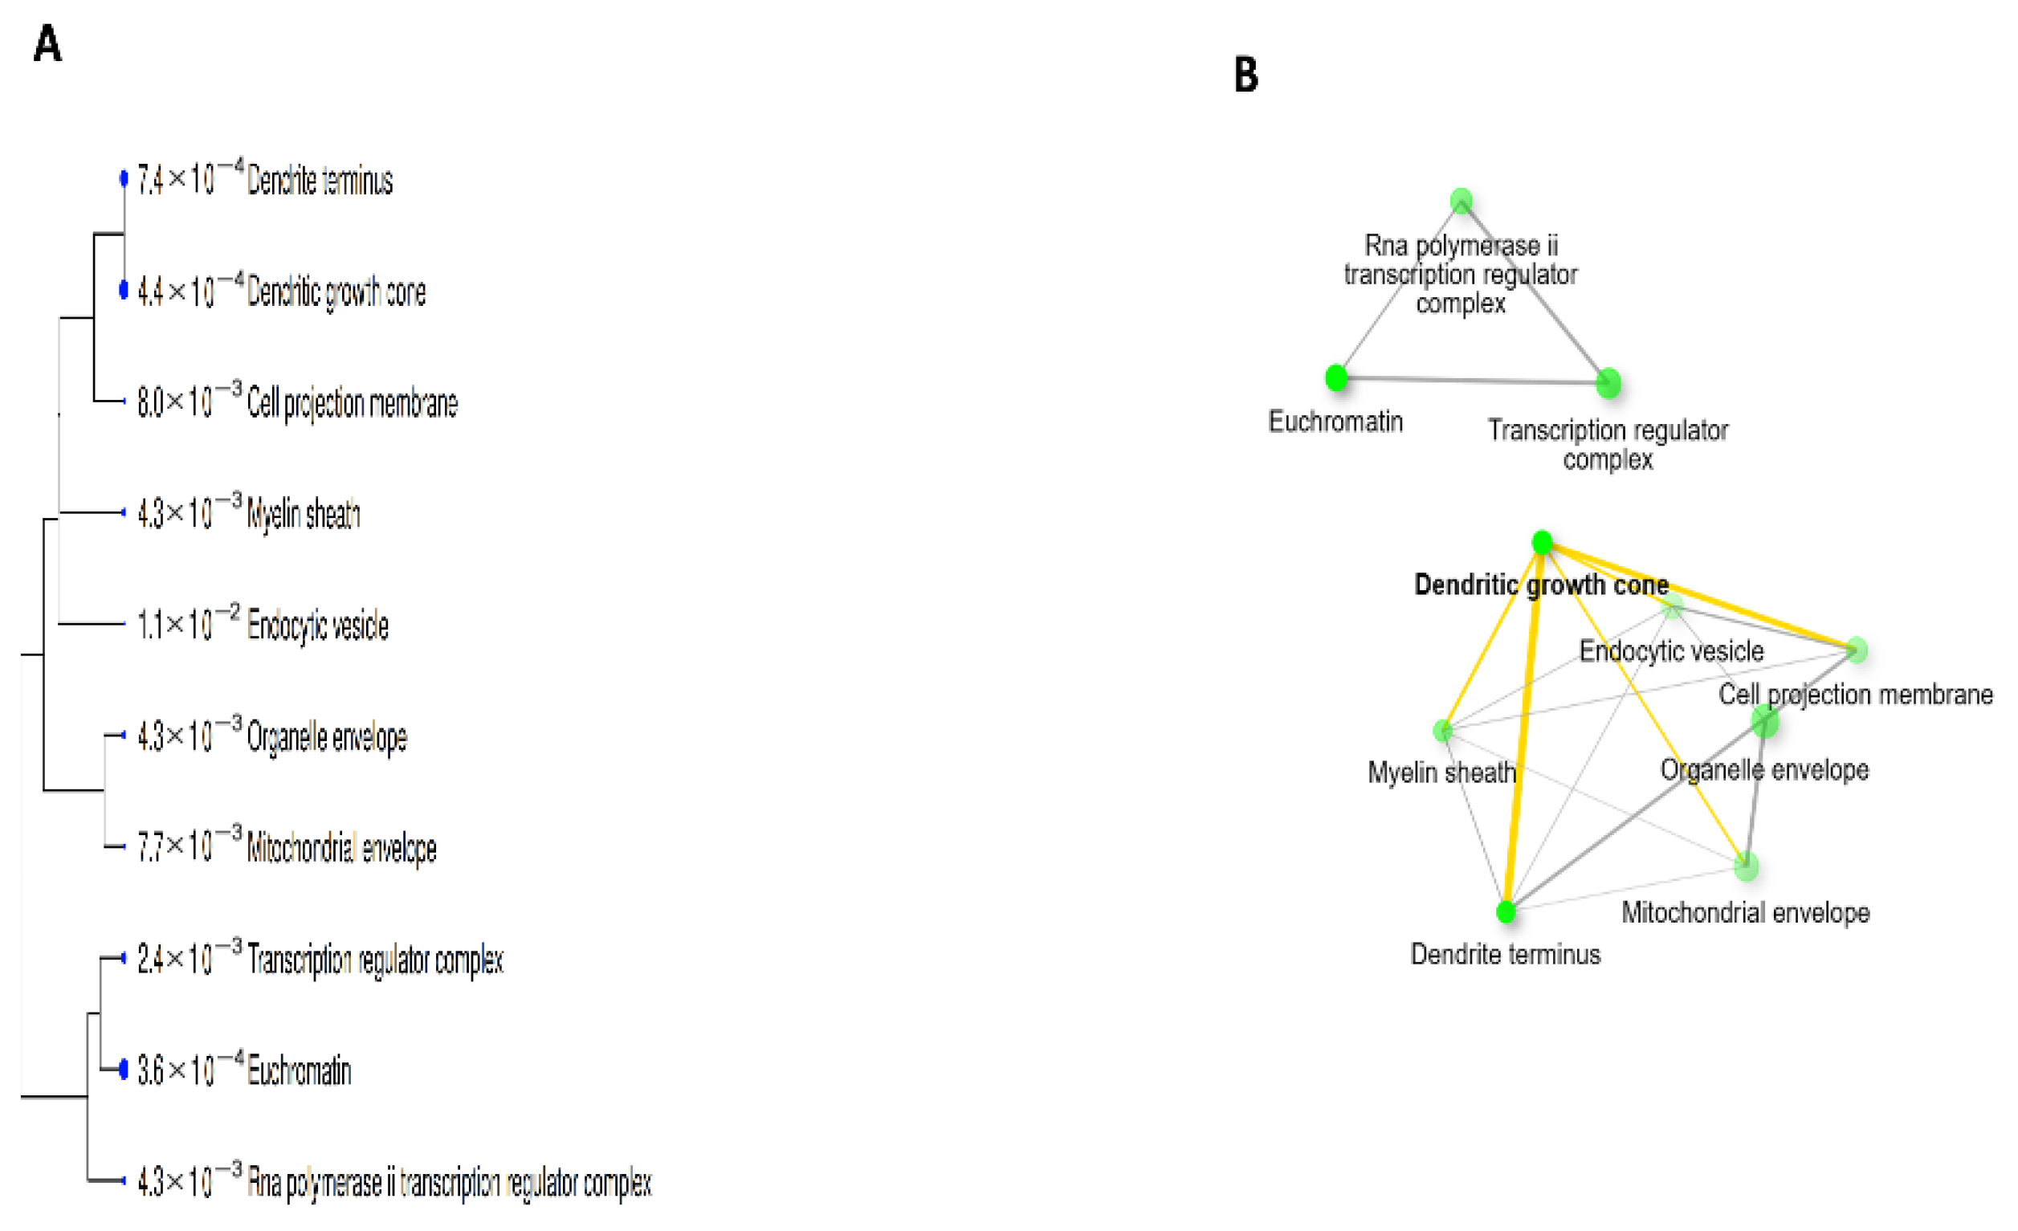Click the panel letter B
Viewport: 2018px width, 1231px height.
[x=1245, y=75]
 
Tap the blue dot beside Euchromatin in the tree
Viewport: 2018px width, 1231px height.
[x=124, y=1069]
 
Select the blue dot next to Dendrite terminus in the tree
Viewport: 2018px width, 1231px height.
[x=124, y=177]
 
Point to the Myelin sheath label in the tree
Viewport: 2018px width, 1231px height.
[x=303, y=515]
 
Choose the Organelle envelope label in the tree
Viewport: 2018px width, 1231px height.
[x=327, y=737]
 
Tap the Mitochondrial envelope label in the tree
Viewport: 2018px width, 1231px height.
[x=341, y=849]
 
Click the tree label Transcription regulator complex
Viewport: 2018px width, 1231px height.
[x=375, y=960]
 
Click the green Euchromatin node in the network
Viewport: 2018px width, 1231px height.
[x=1335, y=377]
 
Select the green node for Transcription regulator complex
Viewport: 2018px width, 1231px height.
[x=1608, y=382]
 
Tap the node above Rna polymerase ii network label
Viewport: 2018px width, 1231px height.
[x=1461, y=201]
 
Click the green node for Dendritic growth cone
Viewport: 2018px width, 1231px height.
[x=1542, y=542]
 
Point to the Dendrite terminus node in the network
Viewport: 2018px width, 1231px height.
[x=1506, y=911]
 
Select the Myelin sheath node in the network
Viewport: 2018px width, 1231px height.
[x=1442, y=731]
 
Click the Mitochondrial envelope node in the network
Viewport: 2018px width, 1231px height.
[x=1746, y=866]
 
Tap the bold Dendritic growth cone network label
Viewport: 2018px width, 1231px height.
[x=1541, y=585]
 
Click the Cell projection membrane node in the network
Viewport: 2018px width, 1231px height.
[x=1857, y=650]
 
